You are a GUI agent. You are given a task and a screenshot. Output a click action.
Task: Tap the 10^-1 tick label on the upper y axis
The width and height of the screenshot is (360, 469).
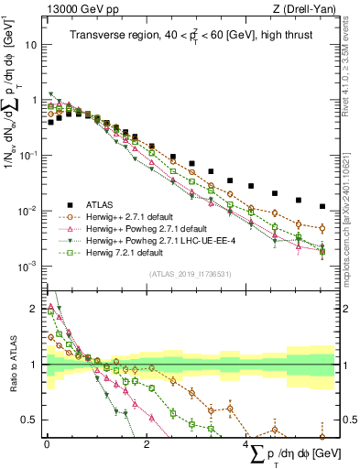click(x=27, y=156)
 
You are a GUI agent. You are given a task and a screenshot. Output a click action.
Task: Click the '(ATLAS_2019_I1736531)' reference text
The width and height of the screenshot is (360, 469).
click(x=189, y=274)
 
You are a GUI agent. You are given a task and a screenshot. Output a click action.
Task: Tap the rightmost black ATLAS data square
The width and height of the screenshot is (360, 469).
click(x=322, y=207)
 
